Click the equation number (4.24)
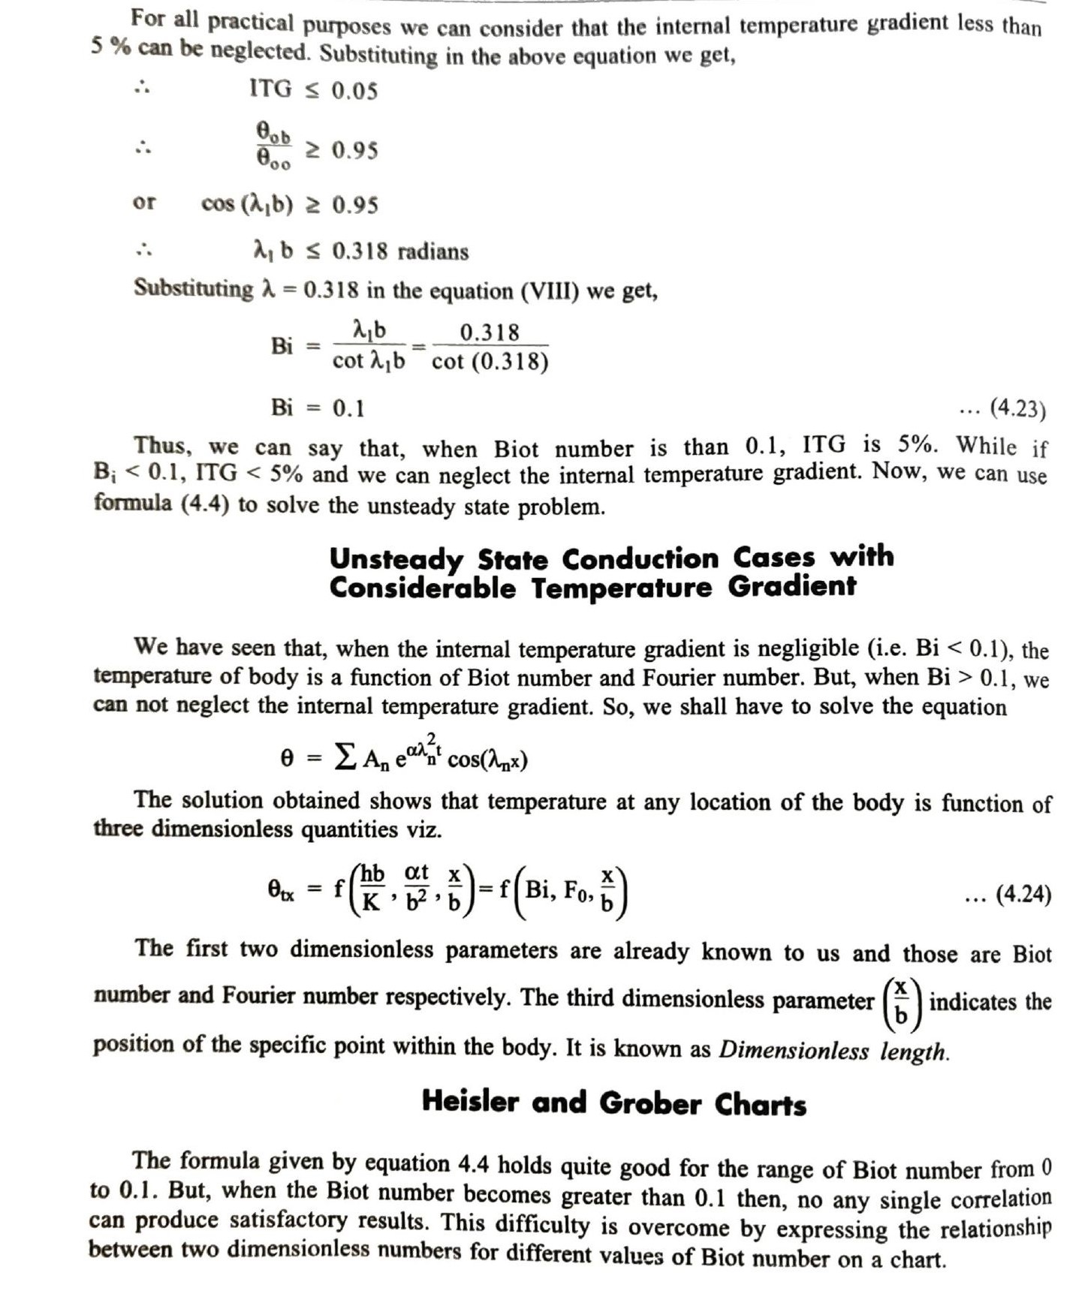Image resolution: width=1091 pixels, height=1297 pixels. (x=1023, y=895)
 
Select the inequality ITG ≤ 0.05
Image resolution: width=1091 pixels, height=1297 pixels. (x=313, y=90)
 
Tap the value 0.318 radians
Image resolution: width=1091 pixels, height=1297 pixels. (x=399, y=251)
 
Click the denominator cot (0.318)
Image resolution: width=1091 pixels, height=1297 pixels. (x=490, y=363)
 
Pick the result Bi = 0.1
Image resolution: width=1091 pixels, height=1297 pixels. (x=318, y=408)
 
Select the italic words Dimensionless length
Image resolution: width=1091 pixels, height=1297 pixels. (x=833, y=1050)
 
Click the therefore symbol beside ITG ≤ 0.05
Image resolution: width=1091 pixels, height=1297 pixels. (x=142, y=89)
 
